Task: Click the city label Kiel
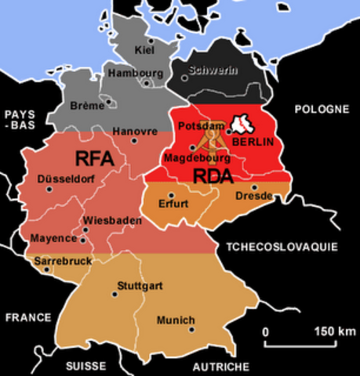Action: pos(144,51)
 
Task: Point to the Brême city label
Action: pos(86,105)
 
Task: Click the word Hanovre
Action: pos(131,131)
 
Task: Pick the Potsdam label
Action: pos(197,126)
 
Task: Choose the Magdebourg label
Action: pos(192,157)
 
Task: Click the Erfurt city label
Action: pos(173,204)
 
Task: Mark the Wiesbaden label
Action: pos(112,221)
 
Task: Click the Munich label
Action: pos(175,320)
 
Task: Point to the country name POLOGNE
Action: pos(321,109)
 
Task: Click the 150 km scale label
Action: pos(335,331)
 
